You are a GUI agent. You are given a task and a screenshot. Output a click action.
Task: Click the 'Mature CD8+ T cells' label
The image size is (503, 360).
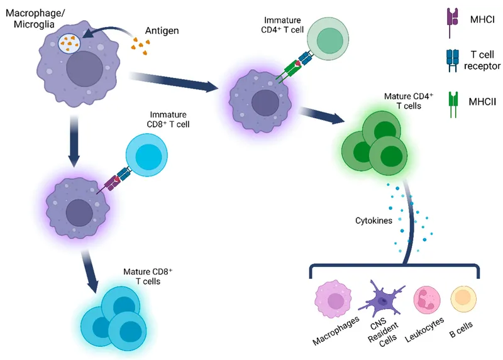[x=148, y=276]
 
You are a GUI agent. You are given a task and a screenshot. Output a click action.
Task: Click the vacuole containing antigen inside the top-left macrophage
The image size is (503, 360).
[x=70, y=43]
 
